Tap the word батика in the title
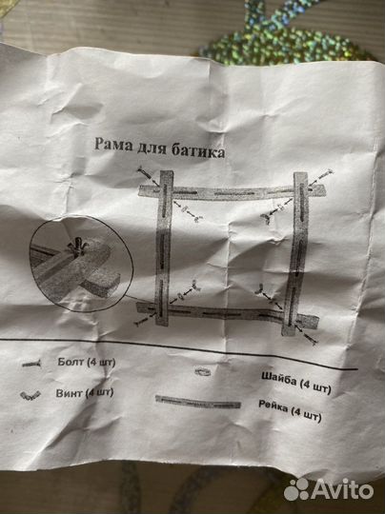pos(198,150)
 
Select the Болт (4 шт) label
pos(87,363)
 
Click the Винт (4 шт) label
pos(85,393)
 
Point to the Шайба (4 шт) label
pos(296,383)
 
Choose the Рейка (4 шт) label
pos(290,410)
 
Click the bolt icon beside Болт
pos(31,364)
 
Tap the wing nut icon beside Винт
pos(30,395)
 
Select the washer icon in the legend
pos(203,371)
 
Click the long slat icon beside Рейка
pos(198,402)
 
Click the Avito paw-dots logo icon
pos(296,489)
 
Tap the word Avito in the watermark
pos(342,489)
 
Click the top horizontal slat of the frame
pos(233,192)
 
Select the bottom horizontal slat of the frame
pos(227,314)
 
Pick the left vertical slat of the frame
pos(164,248)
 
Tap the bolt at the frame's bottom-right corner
pos(307,335)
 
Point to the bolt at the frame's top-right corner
pos(321,178)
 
